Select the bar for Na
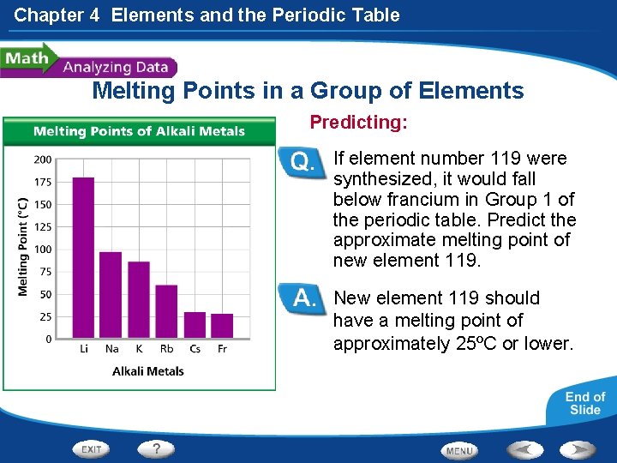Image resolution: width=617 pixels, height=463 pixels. [x=111, y=295]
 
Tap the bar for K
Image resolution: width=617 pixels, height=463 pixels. [x=139, y=299]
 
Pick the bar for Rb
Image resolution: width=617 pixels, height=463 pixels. [x=166, y=311]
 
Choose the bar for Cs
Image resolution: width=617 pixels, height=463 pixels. [x=195, y=325]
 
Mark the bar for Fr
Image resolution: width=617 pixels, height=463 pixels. [x=222, y=326]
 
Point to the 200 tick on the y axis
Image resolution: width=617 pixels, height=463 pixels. [x=42, y=159]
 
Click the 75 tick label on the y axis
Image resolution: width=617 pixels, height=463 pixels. [x=45, y=272]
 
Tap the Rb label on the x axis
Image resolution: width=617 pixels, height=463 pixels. [x=166, y=349]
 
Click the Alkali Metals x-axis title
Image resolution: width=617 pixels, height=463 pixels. [x=148, y=371]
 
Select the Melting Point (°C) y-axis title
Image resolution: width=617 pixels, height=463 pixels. [x=23, y=247]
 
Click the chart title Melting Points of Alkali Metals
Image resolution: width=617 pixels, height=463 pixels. [x=139, y=131]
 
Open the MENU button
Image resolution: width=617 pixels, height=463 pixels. [x=459, y=450]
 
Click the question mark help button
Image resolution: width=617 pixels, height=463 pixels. [x=157, y=448]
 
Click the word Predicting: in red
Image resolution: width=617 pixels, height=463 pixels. [x=358, y=123]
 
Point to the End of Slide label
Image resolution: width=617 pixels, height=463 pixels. [x=585, y=403]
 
